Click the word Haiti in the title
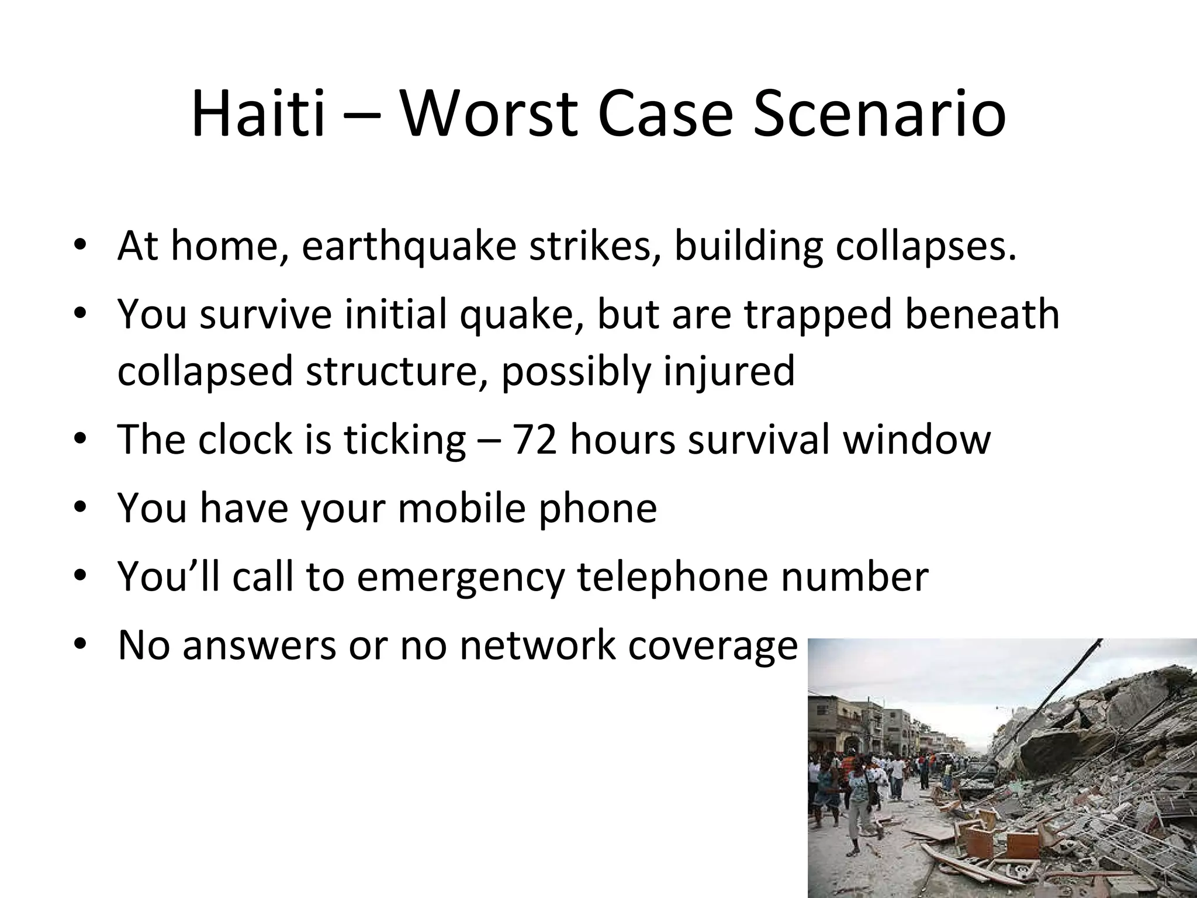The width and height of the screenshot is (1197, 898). pos(258,114)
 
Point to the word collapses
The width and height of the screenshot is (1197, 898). pos(925,247)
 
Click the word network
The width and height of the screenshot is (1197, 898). pos(537,646)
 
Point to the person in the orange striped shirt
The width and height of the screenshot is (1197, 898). pos(845,766)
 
